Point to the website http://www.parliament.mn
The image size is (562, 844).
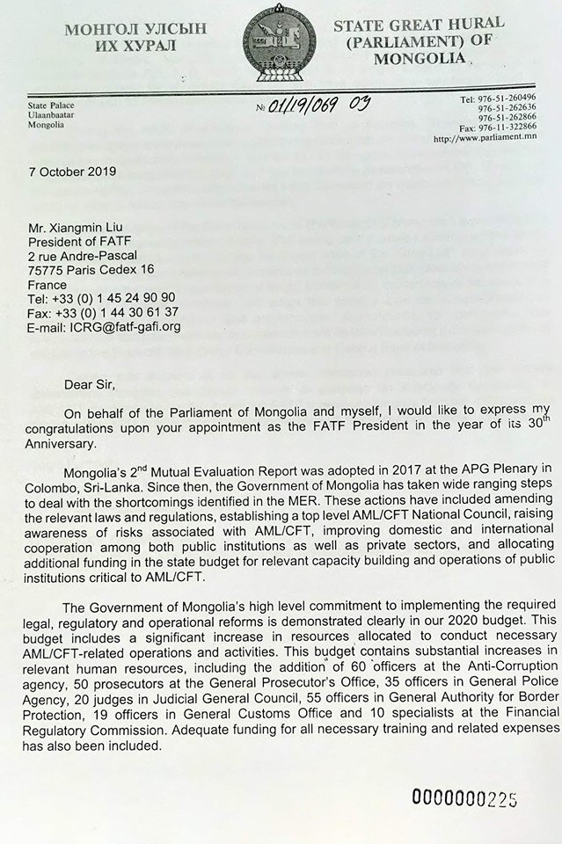(x=497, y=139)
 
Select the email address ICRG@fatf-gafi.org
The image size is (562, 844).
(x=114, y=327)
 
